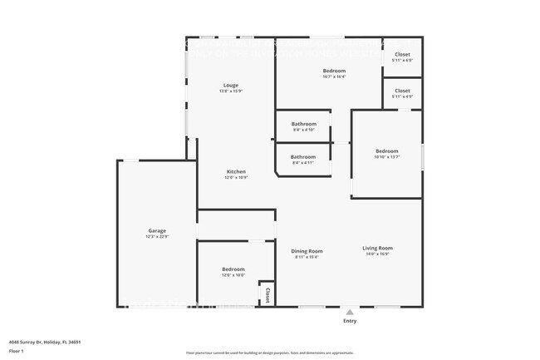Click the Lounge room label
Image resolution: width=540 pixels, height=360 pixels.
click(230, 85)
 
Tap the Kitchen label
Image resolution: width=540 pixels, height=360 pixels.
click(236, 171)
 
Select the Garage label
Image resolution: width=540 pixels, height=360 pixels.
click(157, 230)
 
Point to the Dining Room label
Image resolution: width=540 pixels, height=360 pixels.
click(307, 250)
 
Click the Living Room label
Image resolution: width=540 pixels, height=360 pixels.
click(377, 248)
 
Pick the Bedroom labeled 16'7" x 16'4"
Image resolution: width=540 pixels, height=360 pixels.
click(334, 71)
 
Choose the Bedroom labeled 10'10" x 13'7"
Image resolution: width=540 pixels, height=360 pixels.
click(386, 150)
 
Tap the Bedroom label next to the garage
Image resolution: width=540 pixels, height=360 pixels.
click(233, 269)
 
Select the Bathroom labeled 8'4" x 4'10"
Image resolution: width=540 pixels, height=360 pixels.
click(303, 124)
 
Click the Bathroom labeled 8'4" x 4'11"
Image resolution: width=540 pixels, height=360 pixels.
click(303, 156)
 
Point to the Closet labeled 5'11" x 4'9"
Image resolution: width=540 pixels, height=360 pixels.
click(402, 91)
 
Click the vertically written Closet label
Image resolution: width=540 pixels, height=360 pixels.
click(268, 295)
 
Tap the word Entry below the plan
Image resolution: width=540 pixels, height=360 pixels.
click(350, 321)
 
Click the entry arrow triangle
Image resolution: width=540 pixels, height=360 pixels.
click(350, 312)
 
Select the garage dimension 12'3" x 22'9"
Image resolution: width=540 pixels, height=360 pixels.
click(157, 237)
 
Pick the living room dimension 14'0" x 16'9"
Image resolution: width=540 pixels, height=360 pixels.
click(377, 255)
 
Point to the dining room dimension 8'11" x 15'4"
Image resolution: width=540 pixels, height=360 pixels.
click(307, 257)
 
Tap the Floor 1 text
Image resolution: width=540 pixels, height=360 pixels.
click(17, 350)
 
